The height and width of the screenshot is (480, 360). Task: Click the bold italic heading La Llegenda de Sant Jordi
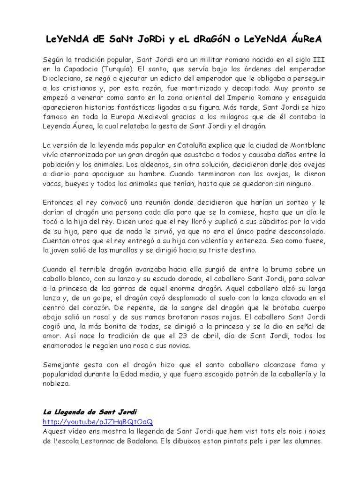pyautogui.click(x=90, y=412)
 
